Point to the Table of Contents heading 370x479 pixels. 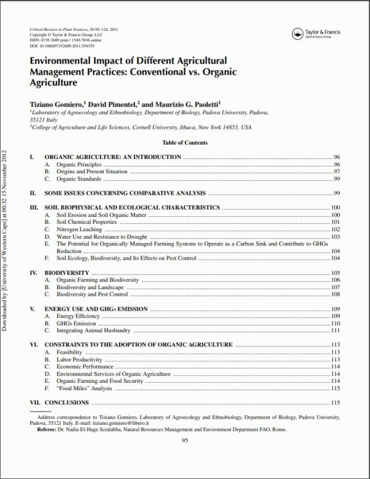click(184, 142)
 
